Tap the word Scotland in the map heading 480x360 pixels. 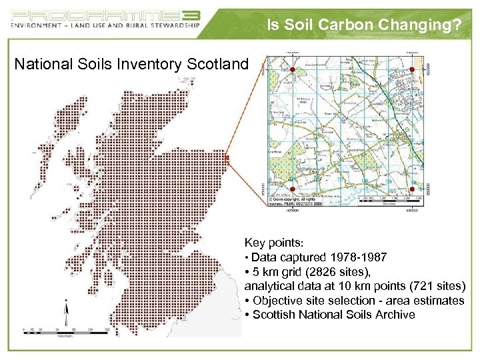tap(219, 65)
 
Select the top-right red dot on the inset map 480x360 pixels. tap(411, 70)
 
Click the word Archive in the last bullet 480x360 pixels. tap(396, 315)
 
